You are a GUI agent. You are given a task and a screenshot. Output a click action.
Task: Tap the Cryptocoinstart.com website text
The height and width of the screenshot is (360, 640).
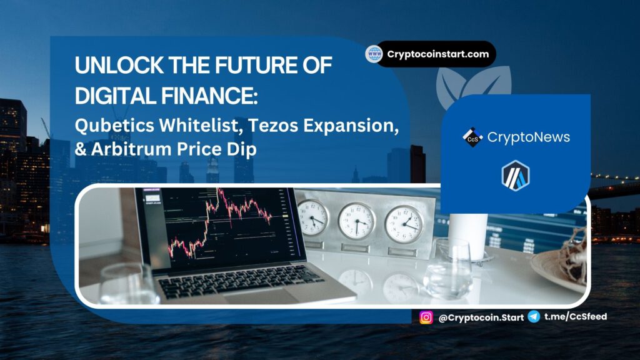pos(438,54)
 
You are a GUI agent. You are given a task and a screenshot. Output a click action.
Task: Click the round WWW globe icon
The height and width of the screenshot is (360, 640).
pos(374,54)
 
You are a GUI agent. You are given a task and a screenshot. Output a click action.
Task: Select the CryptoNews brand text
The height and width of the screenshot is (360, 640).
pos(529,137)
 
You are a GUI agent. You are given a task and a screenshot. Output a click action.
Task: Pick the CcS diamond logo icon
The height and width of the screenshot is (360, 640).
pos(472,137)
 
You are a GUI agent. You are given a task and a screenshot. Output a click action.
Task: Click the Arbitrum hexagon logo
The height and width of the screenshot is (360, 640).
pos(516,176)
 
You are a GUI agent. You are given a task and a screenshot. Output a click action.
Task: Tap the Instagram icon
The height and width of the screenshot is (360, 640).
pos(426,317)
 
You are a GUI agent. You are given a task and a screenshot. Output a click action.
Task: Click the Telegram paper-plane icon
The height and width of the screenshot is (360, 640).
pos(534,316)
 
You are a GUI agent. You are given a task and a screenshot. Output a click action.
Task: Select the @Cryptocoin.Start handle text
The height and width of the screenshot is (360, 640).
pos(481,317)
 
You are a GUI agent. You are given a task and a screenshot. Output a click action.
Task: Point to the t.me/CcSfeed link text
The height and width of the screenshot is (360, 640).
pos(576,316)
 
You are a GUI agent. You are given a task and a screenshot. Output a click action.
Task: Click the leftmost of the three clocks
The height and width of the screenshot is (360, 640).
pos(312,217)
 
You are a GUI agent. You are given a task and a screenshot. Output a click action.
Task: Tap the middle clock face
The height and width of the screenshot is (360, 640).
pos(357,221)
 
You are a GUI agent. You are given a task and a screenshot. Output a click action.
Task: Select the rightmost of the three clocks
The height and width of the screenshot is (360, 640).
pos(404,224)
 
